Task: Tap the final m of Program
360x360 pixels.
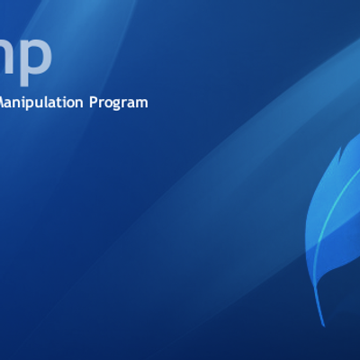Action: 142,103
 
